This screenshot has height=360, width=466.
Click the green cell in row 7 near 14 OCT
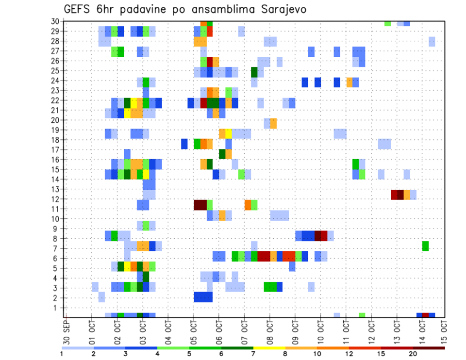point(426,246)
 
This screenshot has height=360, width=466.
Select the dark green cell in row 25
point(254,72)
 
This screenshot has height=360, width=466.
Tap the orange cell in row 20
point(273,123)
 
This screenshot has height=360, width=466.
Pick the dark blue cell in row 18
point(184,144)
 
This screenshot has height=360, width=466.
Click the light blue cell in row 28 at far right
point(432,41)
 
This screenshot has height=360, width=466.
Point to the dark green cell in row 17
point(222,154)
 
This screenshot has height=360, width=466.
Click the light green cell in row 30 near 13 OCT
point(387,23)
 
